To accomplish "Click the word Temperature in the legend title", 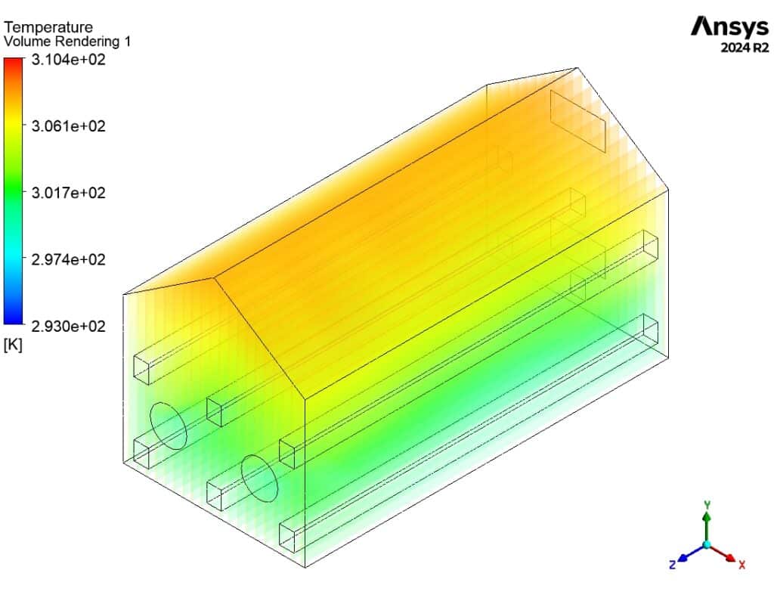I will pyautogui.click(x=48, y=28).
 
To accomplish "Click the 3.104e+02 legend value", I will pyautogui.click(x=68, y=59).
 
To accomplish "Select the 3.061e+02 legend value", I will pyautogui.click(x=68, y=125).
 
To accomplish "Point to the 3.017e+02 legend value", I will pyautogui.click(x=68, y=192).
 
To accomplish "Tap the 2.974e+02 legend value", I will pyautogui.click(x=68, y=259).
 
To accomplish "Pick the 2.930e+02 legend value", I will pyautogui.click(x=68, y=326).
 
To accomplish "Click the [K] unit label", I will pyautogui.click(x=13, y=345).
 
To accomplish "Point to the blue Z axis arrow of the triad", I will pyautogui.click(x=685, y=556).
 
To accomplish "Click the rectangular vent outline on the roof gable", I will pyautogui.click(x=578, y=121).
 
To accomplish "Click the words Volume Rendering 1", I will pyautogui.click(x=67, y=42).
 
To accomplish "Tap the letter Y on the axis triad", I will pyautogui.click(x=706, y=503).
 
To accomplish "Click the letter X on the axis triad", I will pyautogui.click(x=742, y=565).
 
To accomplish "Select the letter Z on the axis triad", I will pyautogui.click(x=671, y=565).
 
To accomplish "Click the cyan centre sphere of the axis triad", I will pyautogui.click(x=706, y=544).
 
